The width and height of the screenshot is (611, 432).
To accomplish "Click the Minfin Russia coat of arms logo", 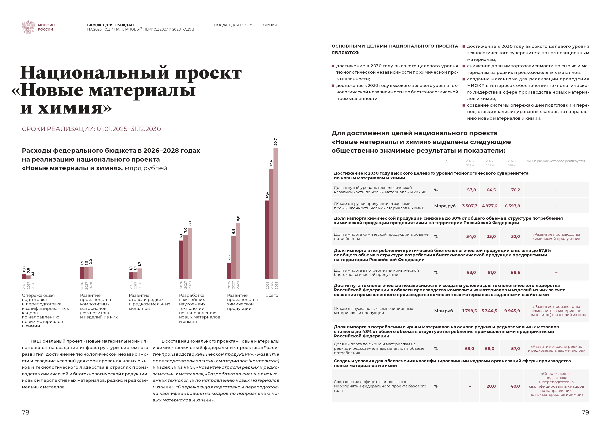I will pyautogui.click(x=28, y=27).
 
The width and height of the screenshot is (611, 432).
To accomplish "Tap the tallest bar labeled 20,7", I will pyautogui.click(x=276, y=213).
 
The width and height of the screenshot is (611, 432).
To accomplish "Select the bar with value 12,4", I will pyautogui.click(x=267, y=240).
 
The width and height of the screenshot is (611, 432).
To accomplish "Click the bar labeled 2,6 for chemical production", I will pyautogui.click(x=229, y=271).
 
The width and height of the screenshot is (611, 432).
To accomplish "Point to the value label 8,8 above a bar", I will pyautogui.click(x=238, y=218).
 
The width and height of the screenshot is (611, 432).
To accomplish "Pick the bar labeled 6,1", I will pyautogui.click(x=181, y=260).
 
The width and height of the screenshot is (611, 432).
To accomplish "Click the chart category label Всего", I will pyautogui.click(x=272, y=295).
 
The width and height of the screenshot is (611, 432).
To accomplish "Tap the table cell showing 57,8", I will pyautogui.click(x=471, y=190).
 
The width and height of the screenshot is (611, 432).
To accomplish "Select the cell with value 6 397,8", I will pyautogui.click(x=512, y=206).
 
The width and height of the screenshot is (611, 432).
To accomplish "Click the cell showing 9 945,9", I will pyautogui.click(x=512, y=311).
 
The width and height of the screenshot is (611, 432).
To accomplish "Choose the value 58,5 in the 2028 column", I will pyautogui.click(x=515, y=272).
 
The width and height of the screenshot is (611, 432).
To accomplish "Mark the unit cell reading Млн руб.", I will pyautogui.click(x=444, y=311).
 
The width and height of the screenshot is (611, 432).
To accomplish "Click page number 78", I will pyautogui.click(x=26, y=412).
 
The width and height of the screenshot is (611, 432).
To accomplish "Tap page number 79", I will pyautogui.click(x=585, y=412).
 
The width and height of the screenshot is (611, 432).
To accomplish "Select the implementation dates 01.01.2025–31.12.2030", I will pyautogui.click(x=129, y=129).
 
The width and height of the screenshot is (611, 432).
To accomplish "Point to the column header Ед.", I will pyautogui.click(x=446, y=161).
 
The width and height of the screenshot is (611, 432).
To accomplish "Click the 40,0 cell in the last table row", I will pyautogui.click(x=515, y=386).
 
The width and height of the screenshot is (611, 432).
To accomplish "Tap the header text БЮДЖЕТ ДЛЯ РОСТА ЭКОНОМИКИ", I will pyautogui.click(x=245, y=25).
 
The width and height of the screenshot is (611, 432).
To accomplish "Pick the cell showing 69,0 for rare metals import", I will pyautogui.click(x=469, y=349).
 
